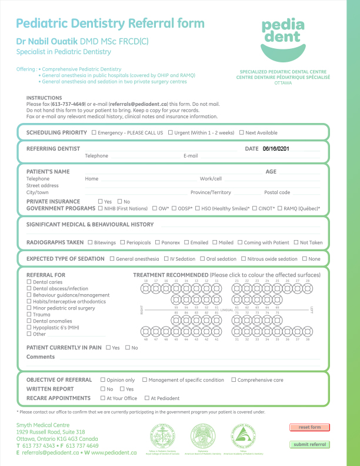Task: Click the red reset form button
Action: click(309, 427)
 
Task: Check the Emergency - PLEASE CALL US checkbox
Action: click(94, 133)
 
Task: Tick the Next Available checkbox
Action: click(241, 133)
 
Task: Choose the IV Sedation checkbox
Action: click(166, 259)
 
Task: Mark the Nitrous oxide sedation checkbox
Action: click(244, 259)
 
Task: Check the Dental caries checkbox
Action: click(29, 282)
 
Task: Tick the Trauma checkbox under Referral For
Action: click(29, 315)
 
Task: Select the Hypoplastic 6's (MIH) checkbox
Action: click(29, 328)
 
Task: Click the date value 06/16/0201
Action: click(276, 149)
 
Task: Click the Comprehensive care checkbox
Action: click(234, 380)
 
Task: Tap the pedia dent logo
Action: click(283, 39)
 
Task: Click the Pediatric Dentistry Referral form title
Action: click(111, 24)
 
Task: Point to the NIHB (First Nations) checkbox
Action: click(100, 208)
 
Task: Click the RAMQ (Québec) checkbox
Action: click(279, 208)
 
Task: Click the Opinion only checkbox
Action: click(103, 380)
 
